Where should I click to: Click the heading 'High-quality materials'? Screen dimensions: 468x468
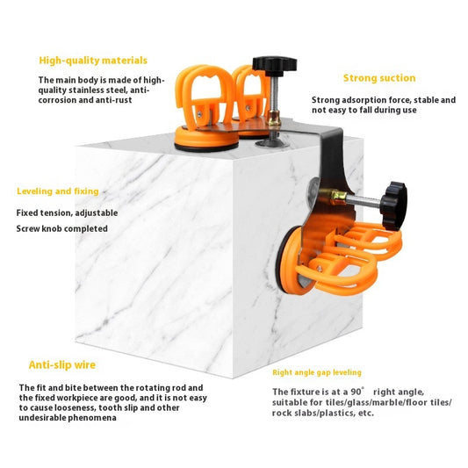click(93, 61)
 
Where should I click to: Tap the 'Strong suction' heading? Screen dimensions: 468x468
click(379, 78)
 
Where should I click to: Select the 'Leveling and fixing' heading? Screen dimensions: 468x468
click(58, 191)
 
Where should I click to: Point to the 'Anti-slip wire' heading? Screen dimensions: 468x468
click(62, 364)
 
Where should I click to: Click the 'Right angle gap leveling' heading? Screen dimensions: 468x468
click(317, 372)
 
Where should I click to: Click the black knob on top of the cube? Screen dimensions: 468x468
click(274, 64)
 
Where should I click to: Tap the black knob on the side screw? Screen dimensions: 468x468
click(393, 205)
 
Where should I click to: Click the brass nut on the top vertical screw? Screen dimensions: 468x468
click(274, 118)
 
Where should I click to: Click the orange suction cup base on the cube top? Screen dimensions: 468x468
click(206, 139)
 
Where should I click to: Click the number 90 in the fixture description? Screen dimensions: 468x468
click(356, 392)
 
